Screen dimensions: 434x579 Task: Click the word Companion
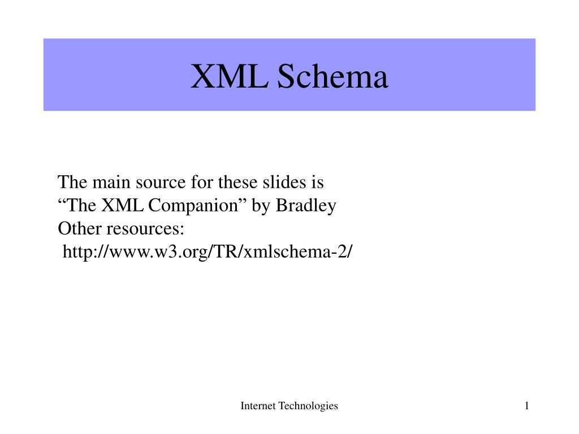(192, 206)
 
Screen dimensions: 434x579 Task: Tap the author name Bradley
(306, 206)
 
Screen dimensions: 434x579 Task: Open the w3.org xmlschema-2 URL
(207, 252)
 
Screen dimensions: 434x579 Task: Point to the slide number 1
(526, 406)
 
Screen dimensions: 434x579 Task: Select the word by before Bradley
(261, 206)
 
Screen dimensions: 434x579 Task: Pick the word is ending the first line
(318, 183)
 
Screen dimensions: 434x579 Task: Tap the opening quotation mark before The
(61, 203)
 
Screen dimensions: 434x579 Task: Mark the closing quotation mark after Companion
(242, 203)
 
